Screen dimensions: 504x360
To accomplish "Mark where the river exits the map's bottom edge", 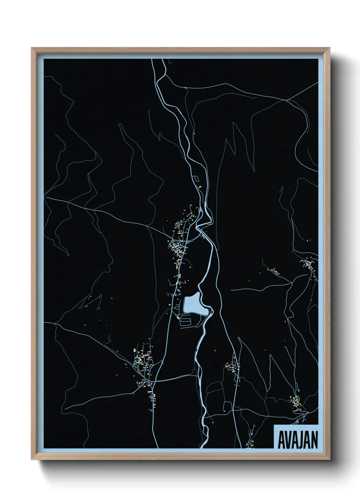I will (203, 446).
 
